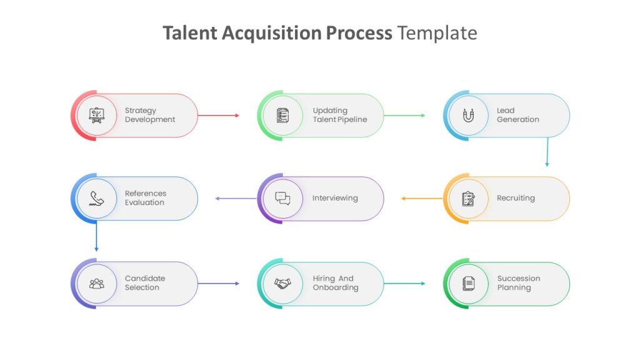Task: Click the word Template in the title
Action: [437, 33]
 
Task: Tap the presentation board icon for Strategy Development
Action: [97, 116]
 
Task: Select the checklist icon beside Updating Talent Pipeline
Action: [282, 116]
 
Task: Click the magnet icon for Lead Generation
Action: [469, 116]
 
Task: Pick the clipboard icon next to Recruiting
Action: [469, 199]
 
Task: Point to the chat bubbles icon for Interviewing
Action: [282, 198]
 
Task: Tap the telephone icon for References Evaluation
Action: [97, 198]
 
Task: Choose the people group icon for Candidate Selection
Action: [97, 283]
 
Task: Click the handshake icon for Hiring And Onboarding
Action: [282, 283]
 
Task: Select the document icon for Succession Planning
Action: [469, 283]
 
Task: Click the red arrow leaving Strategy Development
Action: [218, 116]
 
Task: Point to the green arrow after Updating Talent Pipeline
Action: [404, 116]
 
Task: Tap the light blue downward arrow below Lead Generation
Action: [547, 152]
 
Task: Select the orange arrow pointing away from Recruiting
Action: [422, 199]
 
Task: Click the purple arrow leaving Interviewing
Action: [236, 199]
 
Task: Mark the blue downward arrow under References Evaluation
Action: [96, 236]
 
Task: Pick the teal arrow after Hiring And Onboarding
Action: [404, 283]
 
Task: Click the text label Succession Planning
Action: [519, 283]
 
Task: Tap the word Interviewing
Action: [335, 198]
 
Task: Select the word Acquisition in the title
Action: [272, 34]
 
